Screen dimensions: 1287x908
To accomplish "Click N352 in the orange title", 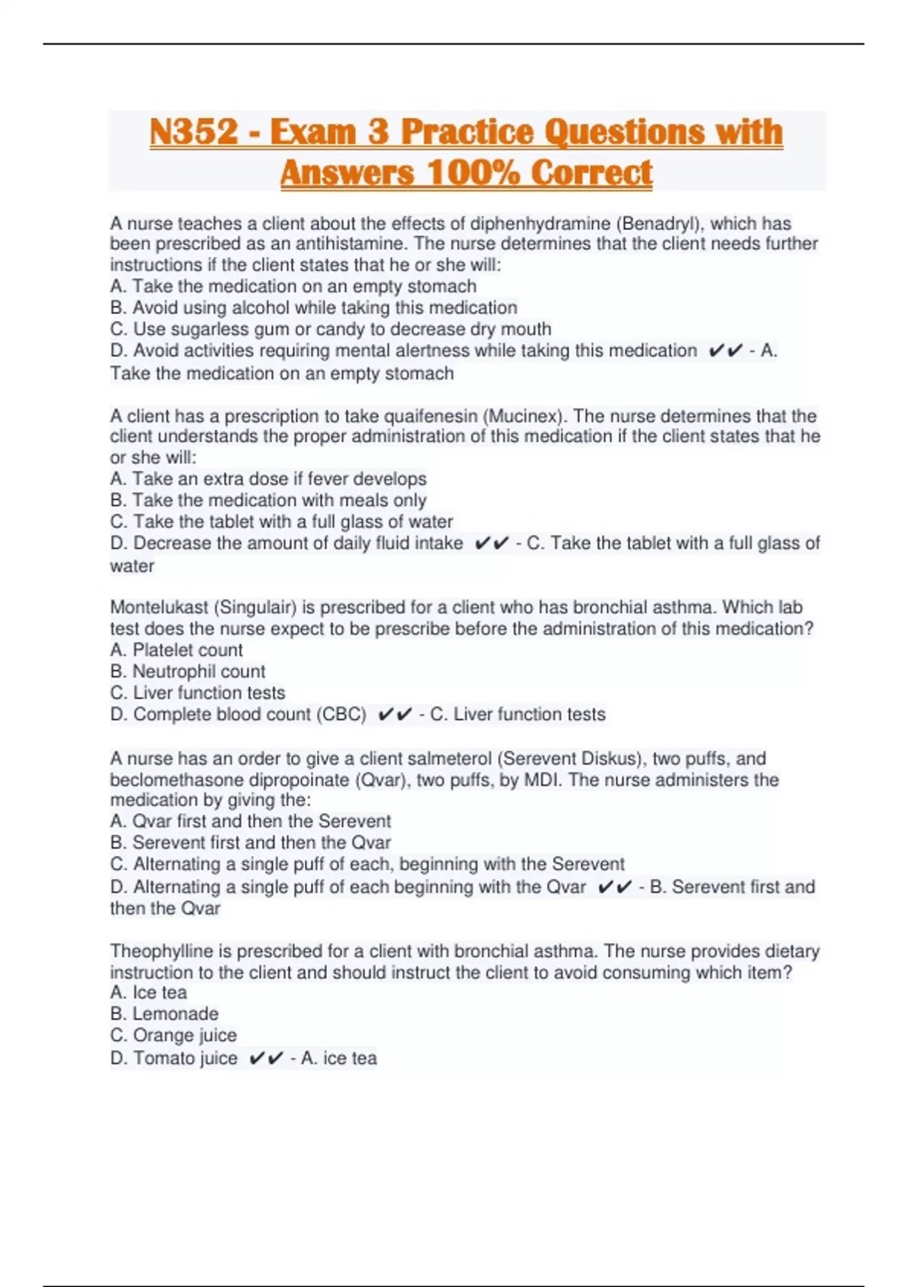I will (x=194, y=132).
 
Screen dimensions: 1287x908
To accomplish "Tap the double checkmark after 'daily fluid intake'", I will (x=492, y=544).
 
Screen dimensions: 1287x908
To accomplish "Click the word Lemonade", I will (x=176, y=1014).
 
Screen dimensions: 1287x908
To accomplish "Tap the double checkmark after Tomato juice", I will (x=266, y=1058).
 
